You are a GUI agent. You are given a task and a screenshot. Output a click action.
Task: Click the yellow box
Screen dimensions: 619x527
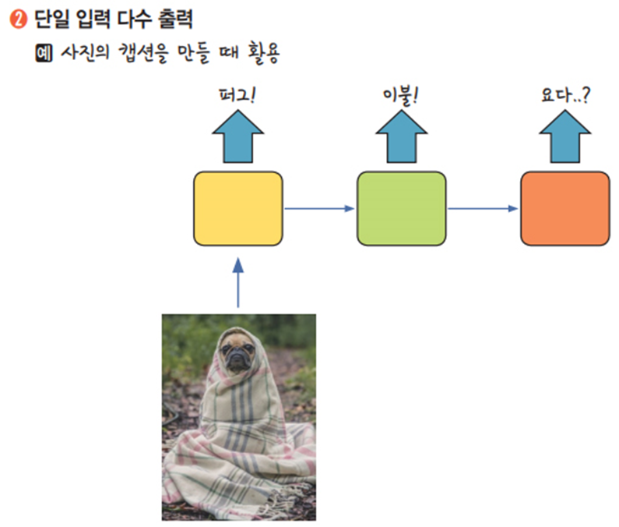(x=238, y=208)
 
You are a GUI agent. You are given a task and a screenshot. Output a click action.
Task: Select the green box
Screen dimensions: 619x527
(x=401, y=208)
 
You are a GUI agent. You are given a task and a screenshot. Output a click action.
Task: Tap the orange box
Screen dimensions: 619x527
(x=564, y=208)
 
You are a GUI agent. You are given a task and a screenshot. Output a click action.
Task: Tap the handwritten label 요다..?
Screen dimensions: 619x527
(x=564, y=97)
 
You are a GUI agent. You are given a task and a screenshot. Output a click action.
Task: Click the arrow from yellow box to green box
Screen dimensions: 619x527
(x=319, y=208)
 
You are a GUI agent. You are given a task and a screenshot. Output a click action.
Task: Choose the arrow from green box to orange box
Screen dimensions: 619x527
(x=483, y=208)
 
